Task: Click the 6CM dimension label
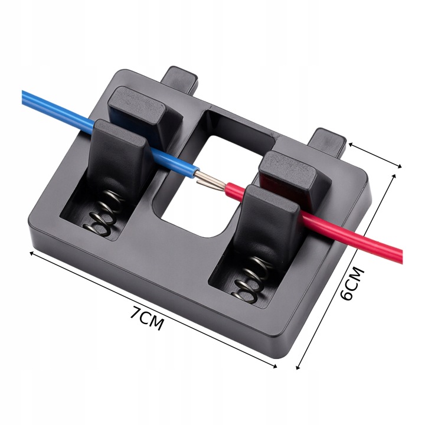coord(351,283)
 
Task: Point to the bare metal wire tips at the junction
coord(210,181)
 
